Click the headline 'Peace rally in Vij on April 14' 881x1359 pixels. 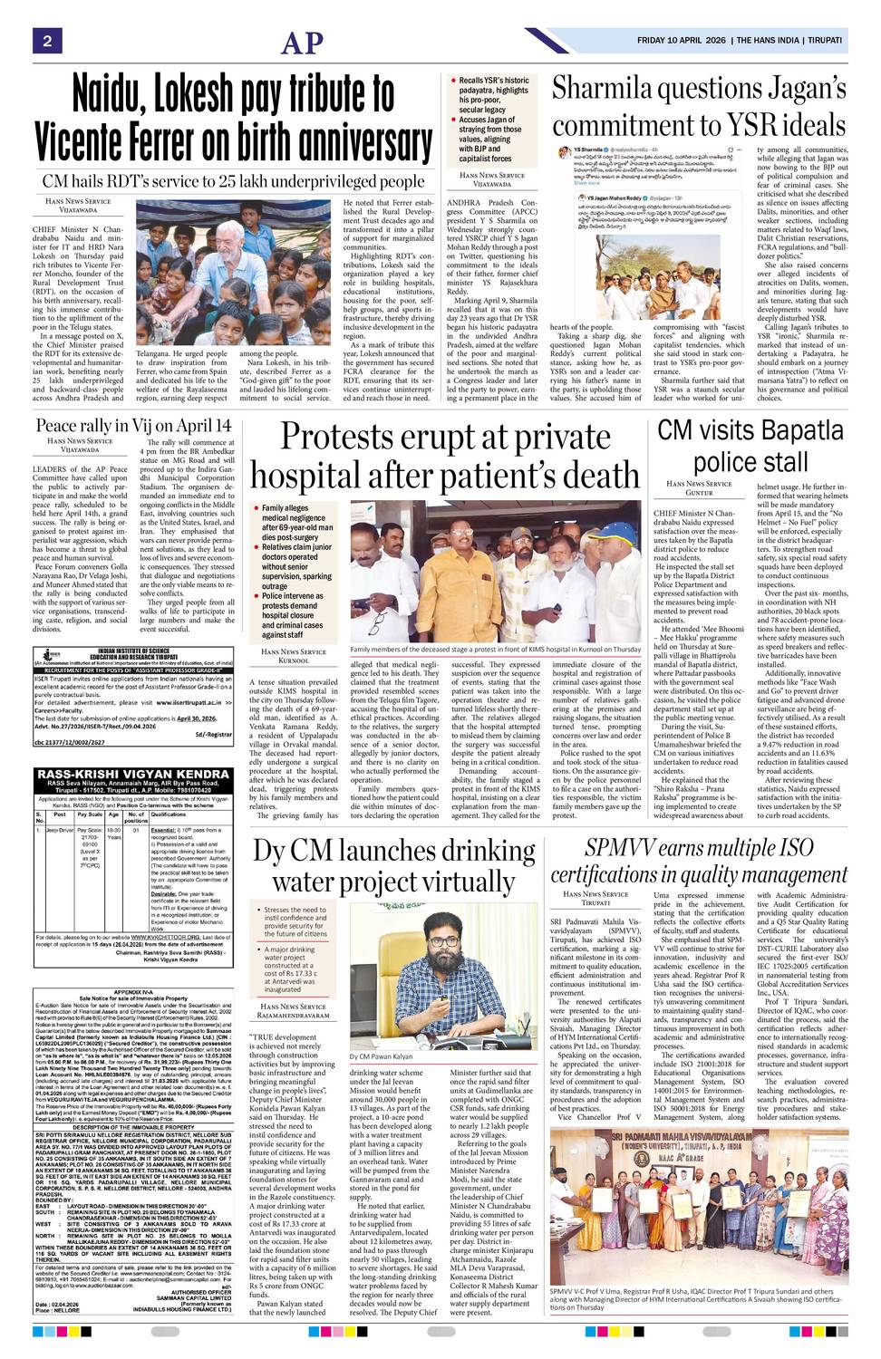tap(133, 426)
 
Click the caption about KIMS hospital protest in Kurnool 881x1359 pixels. tap(495, 650)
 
